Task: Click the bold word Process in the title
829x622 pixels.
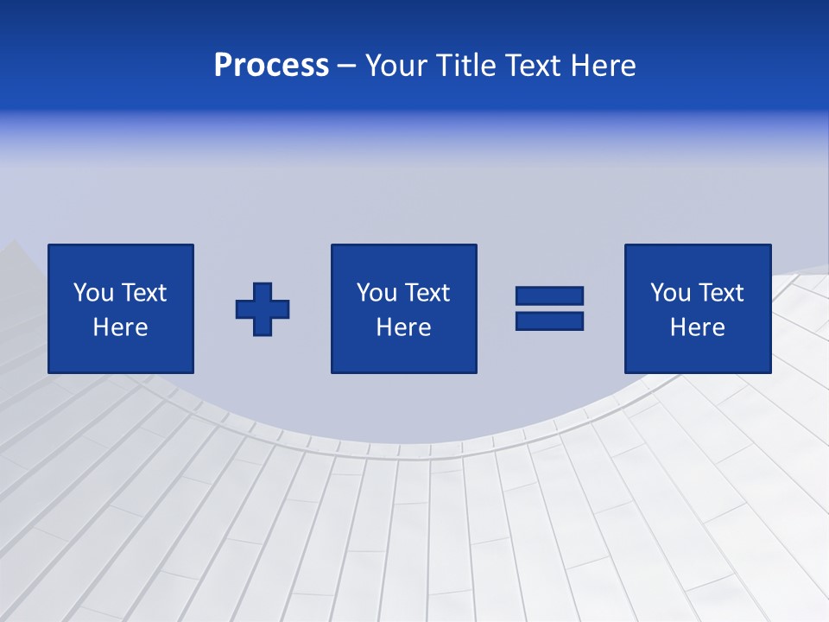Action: coord(271,66)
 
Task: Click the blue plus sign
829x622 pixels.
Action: coord(263,309)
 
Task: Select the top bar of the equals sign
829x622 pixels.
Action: coord(549,296)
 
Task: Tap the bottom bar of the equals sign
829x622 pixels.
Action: coord(549,321)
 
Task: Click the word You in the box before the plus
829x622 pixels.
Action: coord(94,293)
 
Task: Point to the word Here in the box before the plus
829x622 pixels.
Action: coord(120,327)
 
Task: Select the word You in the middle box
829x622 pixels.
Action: coord(377,293)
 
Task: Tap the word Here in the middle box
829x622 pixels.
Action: coord(403,327)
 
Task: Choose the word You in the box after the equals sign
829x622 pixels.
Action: coord(671,293)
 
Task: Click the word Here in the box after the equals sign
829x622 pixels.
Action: coord(697,327)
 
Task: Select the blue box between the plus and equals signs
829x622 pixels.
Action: coord(403,354)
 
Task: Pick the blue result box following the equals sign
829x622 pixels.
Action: coord(697,354)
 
